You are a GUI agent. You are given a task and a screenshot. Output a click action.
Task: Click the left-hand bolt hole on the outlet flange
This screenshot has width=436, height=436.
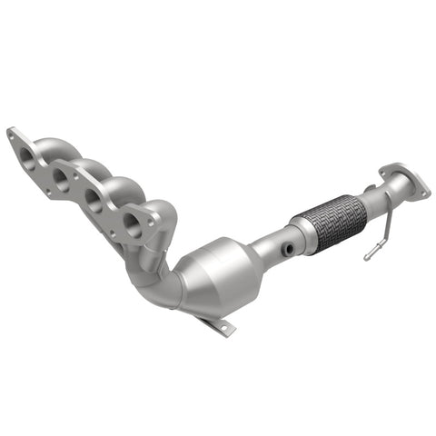point(388,169)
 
